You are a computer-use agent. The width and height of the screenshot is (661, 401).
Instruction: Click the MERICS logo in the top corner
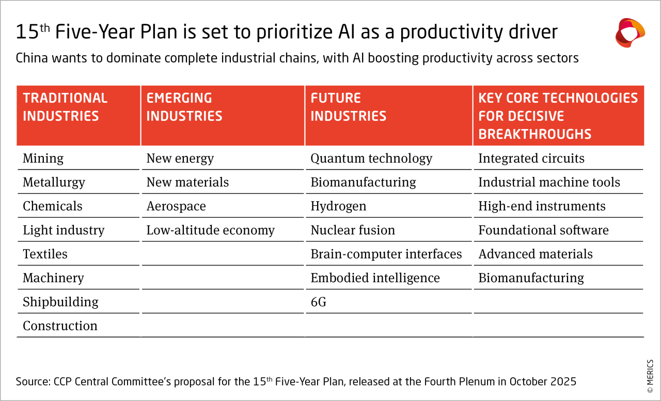click(x=630, y=33)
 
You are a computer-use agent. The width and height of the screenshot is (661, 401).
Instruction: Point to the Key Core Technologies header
click(x=558, y=116)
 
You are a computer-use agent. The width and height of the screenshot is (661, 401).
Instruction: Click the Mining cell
click(x=43, y=158)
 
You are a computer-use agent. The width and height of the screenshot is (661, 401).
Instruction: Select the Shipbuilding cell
click(x=60, y=302)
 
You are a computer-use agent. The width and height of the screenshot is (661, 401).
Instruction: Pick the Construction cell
click(x=60, y=326)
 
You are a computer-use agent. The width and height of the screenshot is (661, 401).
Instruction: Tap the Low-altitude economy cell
click(x=210, y=230)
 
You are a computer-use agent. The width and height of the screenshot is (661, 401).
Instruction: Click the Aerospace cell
click(x=176, y=206)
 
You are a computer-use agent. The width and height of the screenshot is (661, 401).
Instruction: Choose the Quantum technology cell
click(x=371, y=158)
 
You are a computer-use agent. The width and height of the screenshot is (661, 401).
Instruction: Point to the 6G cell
click(x=319, y=302)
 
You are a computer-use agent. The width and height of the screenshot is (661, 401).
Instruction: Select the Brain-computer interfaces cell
click(x=386, y=254)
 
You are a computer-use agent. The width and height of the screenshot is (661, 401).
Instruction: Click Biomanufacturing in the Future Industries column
click(x=363, y=183)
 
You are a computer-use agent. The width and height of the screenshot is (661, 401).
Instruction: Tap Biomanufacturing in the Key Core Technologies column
click(x=531, y=278)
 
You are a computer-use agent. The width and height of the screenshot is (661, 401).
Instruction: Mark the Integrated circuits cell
click(x=531, y=158)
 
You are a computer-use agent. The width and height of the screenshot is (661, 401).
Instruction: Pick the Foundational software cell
click(x=543, y=230)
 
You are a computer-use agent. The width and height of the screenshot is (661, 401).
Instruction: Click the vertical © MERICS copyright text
click(x=650, y=376)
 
